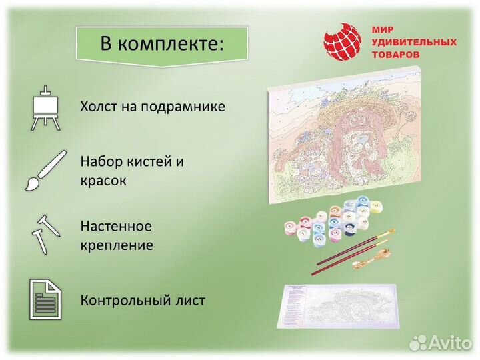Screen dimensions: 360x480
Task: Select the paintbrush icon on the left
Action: [x=45, y=171]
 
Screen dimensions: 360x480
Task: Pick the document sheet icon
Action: [x=45, y=300]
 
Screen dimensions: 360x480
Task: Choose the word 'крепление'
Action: [x=117, y=245]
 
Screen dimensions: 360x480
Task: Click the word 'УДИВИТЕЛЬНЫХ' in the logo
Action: [x=413, y=42]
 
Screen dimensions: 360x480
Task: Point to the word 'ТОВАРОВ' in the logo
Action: [x=395, y=54]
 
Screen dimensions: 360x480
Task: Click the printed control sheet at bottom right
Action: [x=339, y=305]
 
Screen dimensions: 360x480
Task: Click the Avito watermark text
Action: [x=451, y=342]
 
